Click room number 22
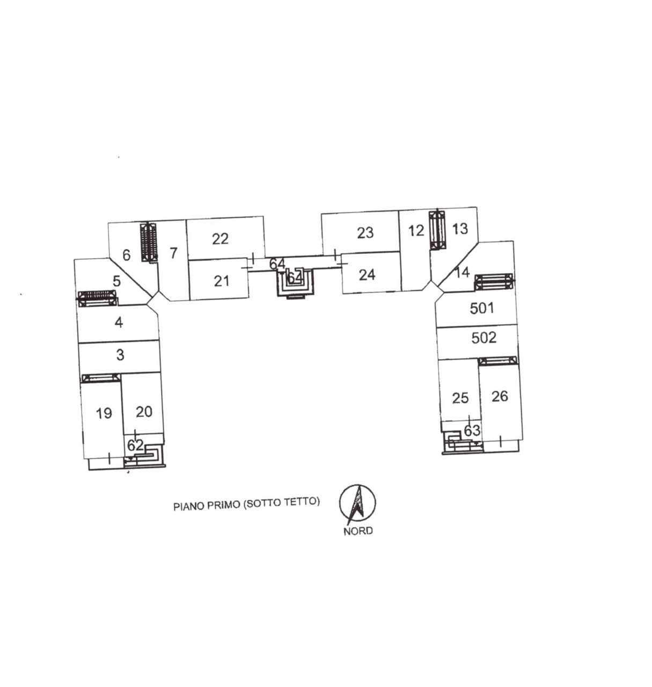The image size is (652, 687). (x=220, y=238)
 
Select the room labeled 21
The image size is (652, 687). (x=222, y=280)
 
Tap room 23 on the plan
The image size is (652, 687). (x=365, y=232)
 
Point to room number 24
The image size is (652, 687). (x=367, y=275)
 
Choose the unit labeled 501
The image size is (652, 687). (x=481, y=308)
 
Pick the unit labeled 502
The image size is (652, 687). (x=483, y=338)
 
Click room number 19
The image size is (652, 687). (x=104, y=413)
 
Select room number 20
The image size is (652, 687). (x=143, y=412)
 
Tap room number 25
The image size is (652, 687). (x=460, y=398)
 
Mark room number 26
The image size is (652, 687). (x=499, y=396)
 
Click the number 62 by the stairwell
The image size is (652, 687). (x=135, y=445)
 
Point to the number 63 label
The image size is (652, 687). (x=472, y=430)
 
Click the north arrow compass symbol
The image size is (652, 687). (x=357, y=503)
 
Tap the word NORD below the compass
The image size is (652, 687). (x=358, y=531)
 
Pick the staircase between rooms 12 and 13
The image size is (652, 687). (x=437, y=230)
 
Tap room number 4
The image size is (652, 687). (x=119, y=323)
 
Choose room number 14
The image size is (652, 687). (x=461, y=272)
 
